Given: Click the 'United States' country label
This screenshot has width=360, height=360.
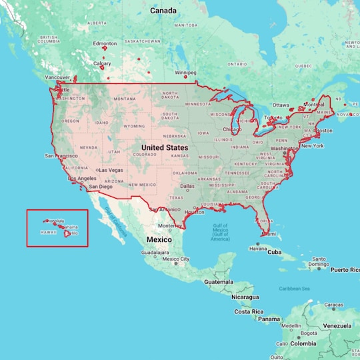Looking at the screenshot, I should click(164, 147).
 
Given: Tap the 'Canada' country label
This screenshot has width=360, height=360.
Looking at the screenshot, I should click(163, 11).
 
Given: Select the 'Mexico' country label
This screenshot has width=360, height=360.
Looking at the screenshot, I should click(159, 239).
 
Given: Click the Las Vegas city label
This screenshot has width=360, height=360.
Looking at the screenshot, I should click(111, 170).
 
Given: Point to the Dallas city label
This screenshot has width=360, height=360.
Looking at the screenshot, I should click(187, 186).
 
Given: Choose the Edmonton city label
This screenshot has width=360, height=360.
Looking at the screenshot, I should click(105, 44).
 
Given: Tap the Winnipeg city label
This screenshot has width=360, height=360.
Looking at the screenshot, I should click(185, 72).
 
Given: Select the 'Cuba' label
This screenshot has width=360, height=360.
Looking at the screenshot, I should click(275, 253).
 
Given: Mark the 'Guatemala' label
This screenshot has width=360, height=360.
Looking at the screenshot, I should click(219, 282).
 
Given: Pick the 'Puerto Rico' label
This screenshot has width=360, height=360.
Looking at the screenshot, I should click(345, 270).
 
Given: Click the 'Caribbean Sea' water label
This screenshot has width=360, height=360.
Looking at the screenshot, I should click(295, 289).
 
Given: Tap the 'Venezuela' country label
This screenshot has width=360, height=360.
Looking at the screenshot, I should click(336, 327).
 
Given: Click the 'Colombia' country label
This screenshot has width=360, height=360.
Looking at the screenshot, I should click(303, 344).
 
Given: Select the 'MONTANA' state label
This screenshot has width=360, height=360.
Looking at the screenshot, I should click(125, 99).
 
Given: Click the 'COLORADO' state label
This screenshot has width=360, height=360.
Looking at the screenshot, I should click(145, 155).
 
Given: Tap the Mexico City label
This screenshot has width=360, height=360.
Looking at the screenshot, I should click(177, 259).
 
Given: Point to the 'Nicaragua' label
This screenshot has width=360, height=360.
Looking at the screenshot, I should click(245, 297).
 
